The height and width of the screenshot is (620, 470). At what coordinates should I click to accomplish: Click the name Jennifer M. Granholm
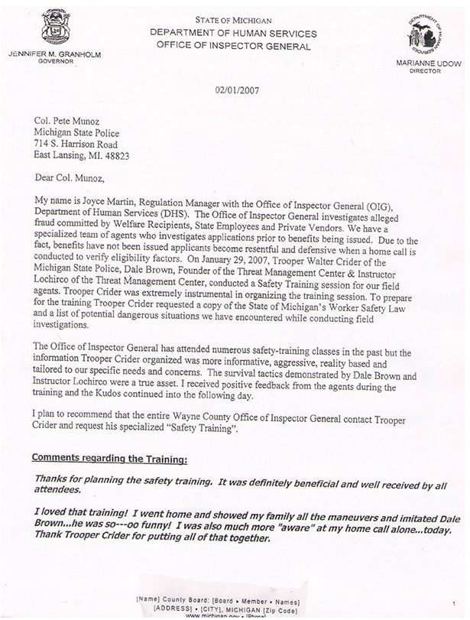tap(55, 55)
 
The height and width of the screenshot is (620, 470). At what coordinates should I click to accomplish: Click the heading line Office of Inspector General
tap(234, 47)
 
